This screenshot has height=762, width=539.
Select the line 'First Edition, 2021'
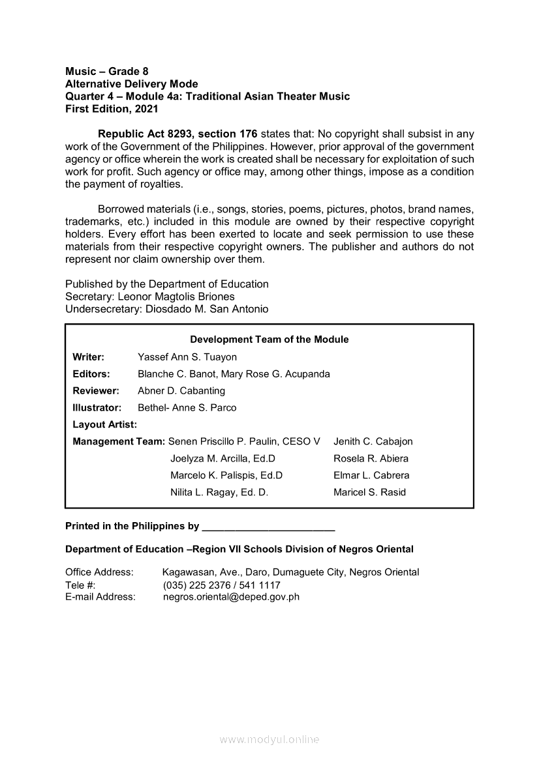(112, 109)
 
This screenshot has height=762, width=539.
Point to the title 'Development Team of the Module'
(269, 340)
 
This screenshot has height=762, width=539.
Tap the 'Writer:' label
(89, 357)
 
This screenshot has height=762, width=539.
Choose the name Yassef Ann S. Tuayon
(187, 357)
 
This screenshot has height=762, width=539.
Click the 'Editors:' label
(91, 374)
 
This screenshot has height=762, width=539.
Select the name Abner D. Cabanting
(181, 391)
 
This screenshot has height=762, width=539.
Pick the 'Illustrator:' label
(97, 408)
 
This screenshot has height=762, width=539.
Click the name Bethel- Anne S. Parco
(187, 408)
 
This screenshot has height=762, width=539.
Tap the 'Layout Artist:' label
(105, 425)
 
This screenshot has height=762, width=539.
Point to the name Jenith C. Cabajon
(373, 442)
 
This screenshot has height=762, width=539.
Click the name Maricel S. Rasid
(369, 493)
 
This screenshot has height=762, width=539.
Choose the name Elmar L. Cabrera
(371, 476)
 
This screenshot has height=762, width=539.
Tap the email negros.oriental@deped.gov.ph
(231, 596)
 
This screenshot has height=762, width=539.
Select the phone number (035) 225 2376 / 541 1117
(221, 585)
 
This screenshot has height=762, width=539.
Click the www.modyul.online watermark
(269, 740)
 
